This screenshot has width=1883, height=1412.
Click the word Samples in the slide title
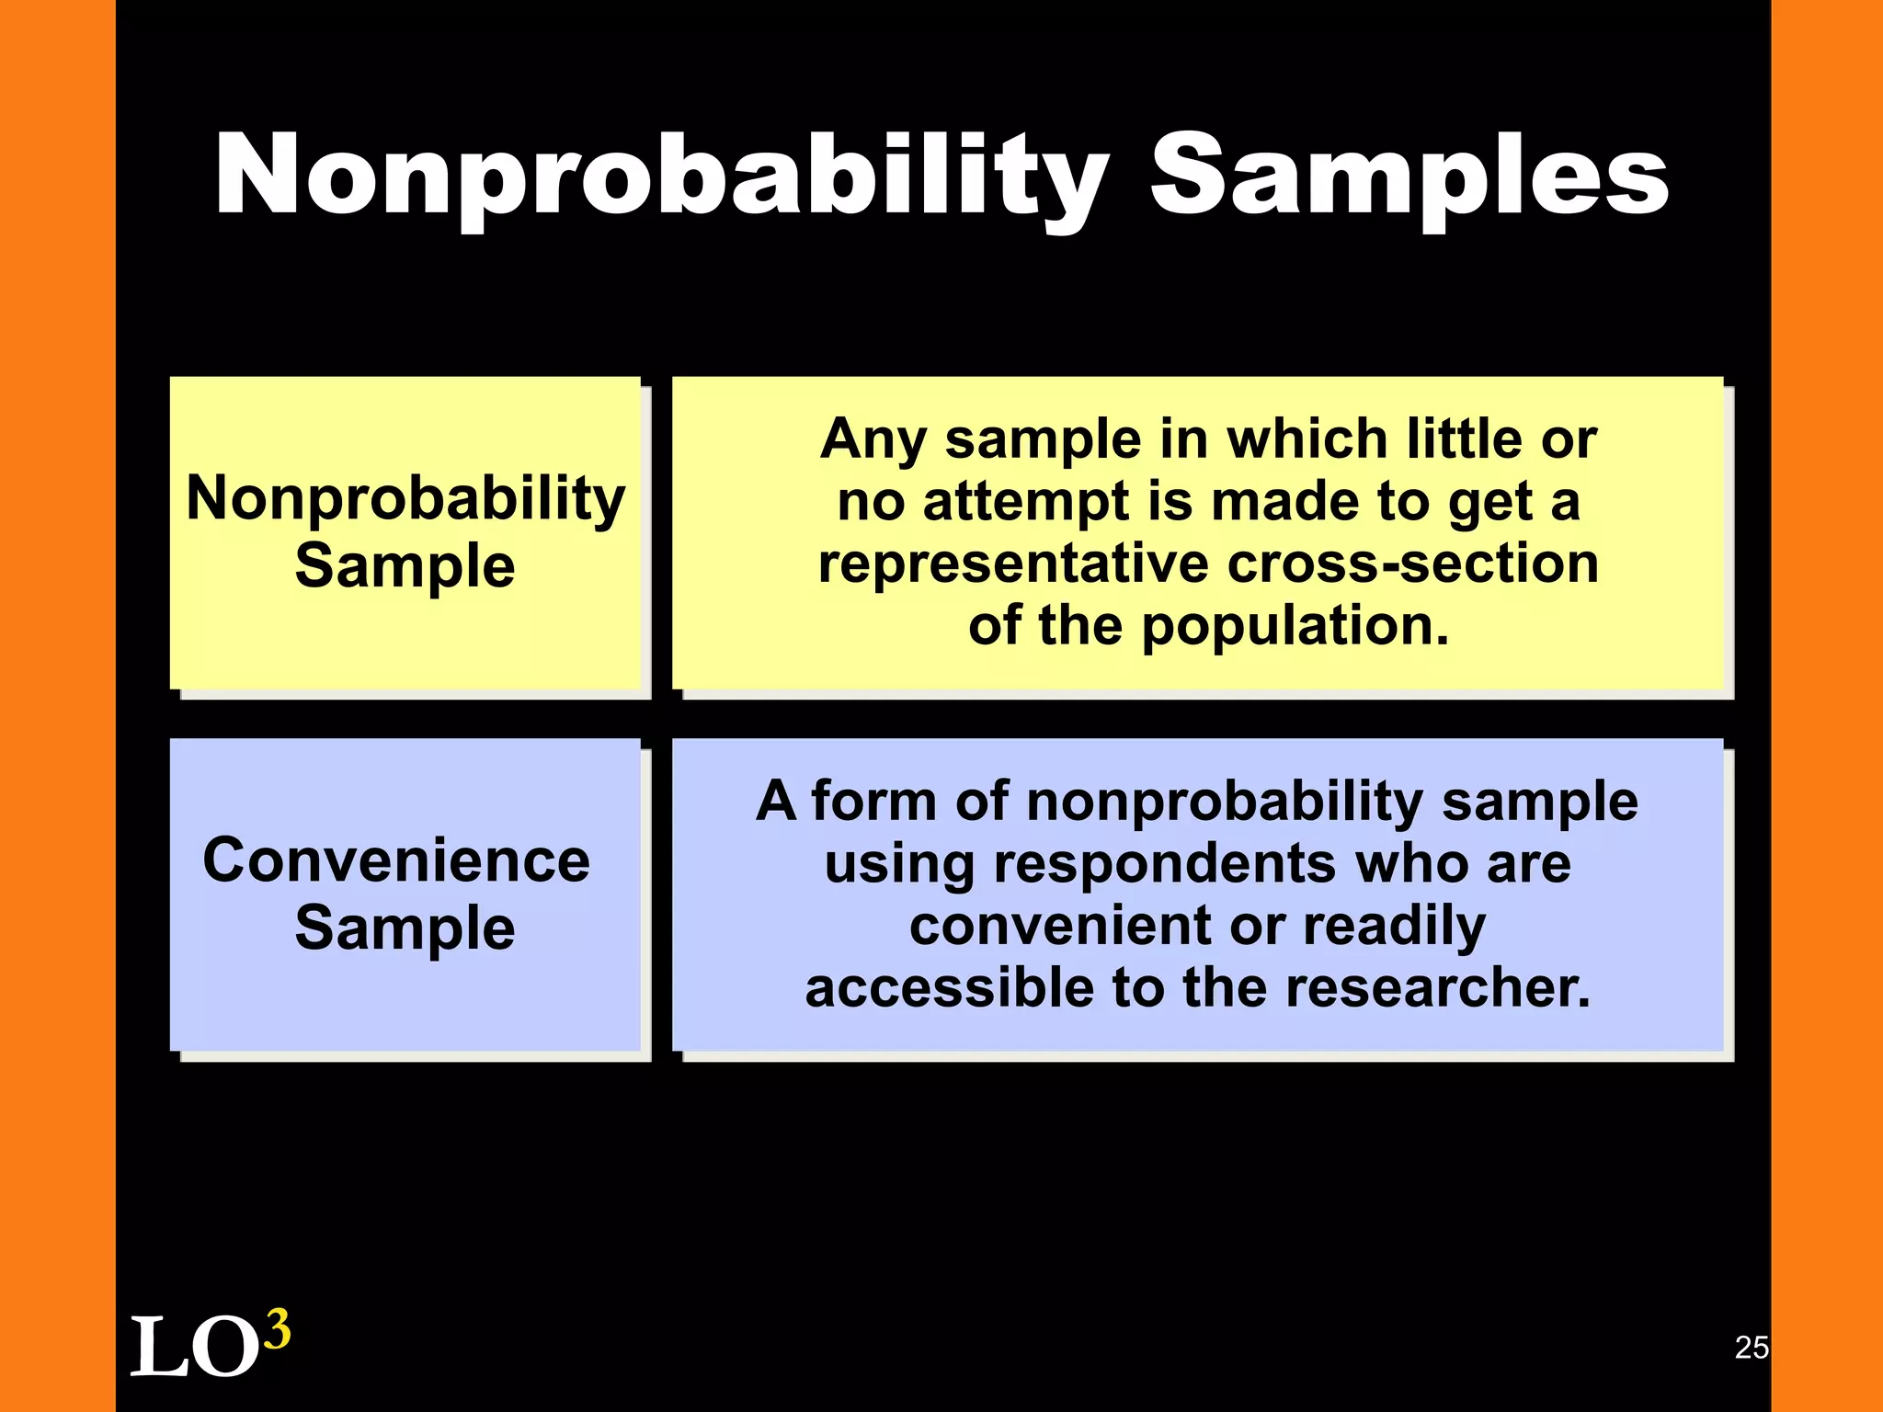click(x=1409, y=175)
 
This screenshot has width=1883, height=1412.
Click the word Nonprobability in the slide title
click(x=662, y=175)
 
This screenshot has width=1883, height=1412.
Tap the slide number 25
click(x=1751, y=1347)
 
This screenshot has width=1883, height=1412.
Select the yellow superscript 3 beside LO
click(x=277, y=1329)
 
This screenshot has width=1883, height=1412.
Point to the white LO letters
click(x=193, y=1348)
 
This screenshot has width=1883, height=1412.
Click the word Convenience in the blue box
click(x=396, y=860)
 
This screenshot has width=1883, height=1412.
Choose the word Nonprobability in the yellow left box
click(x=405, y=498)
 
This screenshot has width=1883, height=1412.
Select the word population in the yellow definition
click(x=1295, y=626)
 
